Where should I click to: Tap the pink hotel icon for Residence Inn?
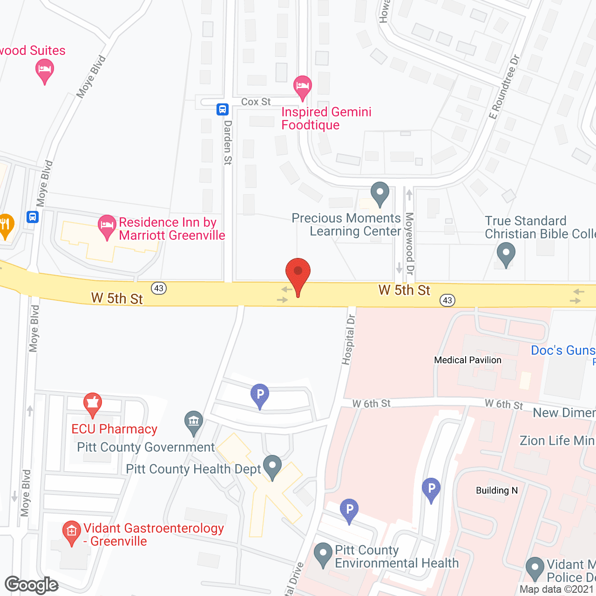tap(107, 227)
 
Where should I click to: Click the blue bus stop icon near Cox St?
tap(223, 109)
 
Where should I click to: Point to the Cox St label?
tap(256, 102)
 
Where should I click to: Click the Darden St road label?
tap(228, 142)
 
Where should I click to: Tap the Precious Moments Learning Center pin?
tap(379, 193)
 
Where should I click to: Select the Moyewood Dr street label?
tap(410, 243)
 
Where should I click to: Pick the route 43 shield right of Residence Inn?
tap(159, 288)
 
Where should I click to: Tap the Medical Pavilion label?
tap(467, 360)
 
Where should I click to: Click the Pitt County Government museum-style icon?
tap(194, 421)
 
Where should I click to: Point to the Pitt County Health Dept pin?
tap(272, 466)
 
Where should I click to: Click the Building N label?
tap(496, 490)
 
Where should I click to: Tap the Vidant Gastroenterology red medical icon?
tap(71, 532)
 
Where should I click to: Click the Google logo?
tap(32, 585)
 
